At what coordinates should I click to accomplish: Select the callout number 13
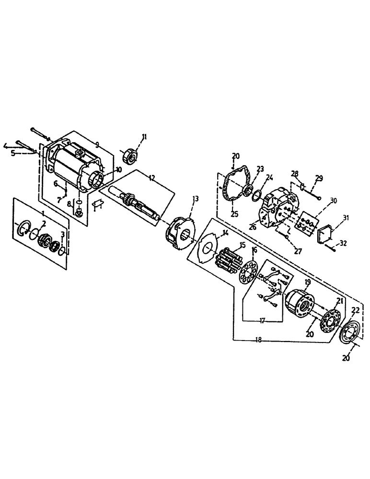[196, 198]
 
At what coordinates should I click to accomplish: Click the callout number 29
[320, 178]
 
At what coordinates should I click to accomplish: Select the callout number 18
[259, 340]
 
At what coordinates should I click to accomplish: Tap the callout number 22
[355, 311]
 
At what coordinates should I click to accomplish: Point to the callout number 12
[151, 178]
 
